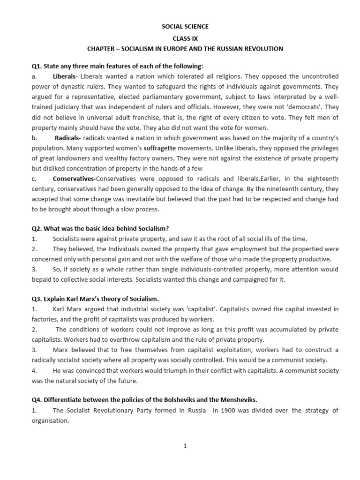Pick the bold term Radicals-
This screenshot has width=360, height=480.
click(68, 138)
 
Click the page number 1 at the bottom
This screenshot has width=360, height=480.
click(185, 446)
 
